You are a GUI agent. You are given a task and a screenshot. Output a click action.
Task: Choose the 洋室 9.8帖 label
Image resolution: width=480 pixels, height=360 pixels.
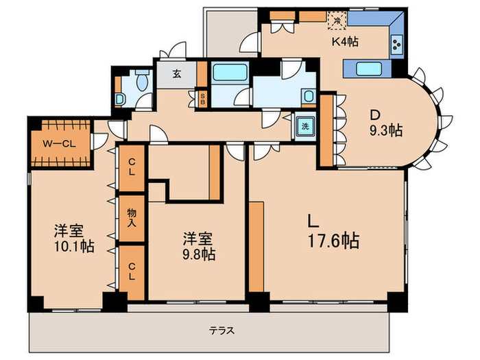[x=198, y=246]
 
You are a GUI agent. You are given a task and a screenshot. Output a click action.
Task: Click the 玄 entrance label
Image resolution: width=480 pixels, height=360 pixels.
[x=176, y=74]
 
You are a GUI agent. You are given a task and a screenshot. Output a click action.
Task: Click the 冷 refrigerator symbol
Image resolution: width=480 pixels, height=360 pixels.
[x=337, y=20]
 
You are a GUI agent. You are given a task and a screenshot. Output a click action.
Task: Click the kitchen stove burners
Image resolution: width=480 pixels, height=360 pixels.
[x=397, y=47]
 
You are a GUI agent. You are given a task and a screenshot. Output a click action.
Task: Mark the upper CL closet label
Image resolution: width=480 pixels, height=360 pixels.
[x=131, y=167]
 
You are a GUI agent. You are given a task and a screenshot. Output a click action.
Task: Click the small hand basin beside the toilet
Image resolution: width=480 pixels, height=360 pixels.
[x=119, y=99]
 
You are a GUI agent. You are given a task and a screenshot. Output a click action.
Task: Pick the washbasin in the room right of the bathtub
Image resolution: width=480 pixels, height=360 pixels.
[x=309, y=97]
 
